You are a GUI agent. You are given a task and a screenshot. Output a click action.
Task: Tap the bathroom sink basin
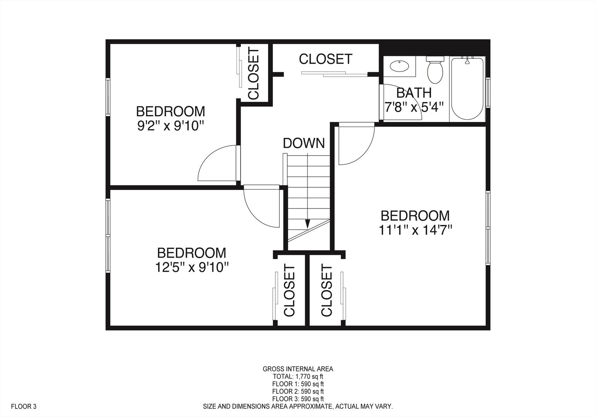(x=399, y=66)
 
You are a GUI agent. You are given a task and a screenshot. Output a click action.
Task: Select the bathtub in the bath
(x=467, y=89)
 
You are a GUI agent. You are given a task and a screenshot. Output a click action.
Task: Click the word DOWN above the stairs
(x=304, y=143)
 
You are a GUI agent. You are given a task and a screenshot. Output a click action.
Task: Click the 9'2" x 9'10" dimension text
(x=170, y=126)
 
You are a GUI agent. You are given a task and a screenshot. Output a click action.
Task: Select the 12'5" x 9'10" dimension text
(x=191, y=267)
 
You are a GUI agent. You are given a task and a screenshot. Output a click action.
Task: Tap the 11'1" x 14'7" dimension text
(x=415, y=230)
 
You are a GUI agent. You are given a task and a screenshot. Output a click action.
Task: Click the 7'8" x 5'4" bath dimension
(x=414, y=107)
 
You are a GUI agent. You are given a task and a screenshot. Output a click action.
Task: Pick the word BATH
(x=414, y=93)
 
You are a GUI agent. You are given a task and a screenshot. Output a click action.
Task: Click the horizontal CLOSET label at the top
(x=326, y=59)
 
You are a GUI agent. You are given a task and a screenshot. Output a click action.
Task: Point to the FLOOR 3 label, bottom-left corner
(x=24, y=406)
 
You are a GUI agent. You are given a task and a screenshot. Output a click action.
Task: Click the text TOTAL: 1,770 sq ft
(x=298, y=376)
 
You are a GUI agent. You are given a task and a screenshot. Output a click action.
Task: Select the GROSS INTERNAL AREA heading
(x=298, y=369)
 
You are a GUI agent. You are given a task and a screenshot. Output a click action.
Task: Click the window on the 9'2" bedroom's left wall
(x=109, y=97)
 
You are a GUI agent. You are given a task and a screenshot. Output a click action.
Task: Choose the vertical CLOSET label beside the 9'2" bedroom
(x=254, y=73)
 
